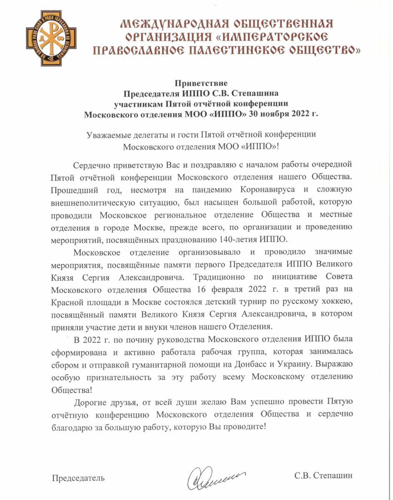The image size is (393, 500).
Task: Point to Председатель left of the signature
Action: pos(78,477)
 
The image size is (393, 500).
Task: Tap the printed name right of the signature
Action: pos(323,476)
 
